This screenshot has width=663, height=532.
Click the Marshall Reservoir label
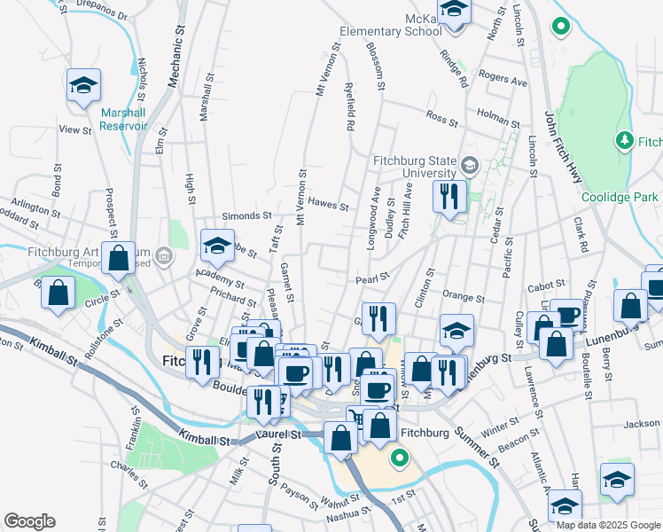pos(123,120)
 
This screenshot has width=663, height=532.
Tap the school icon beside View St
pos(83,86)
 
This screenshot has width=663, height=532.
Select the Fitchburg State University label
pos(413,166)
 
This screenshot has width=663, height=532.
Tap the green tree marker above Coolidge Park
pos(624,140)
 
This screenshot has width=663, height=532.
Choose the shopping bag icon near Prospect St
pos(119,259)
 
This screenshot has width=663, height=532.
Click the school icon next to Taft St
pos(217,245)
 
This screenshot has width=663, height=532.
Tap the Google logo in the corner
pos(29,520)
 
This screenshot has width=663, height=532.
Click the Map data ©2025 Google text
pos(608,525)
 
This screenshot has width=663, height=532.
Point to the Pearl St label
pos(373,278)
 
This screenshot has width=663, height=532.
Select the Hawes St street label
pos(329,204)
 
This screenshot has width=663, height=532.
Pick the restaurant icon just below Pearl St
pos(378,317)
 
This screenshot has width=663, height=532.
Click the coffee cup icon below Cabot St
pos(566,315)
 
